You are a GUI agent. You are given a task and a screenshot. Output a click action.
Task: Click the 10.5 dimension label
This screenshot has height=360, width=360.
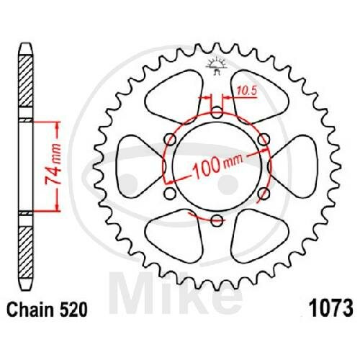click(247, 91)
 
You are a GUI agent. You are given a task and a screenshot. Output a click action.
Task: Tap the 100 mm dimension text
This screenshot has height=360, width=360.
click(217, 165)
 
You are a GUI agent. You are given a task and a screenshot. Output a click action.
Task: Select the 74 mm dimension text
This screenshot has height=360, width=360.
click(53, 164)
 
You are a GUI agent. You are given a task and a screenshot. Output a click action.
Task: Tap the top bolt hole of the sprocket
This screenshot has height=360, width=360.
click(217, 112)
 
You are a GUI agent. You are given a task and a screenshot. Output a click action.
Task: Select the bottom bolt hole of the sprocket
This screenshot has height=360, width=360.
click(217, 220)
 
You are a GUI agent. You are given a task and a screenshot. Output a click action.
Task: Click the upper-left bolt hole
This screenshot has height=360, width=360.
click(171, 139)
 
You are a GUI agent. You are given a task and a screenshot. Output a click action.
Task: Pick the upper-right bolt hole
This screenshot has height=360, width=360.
click(264, 139)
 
